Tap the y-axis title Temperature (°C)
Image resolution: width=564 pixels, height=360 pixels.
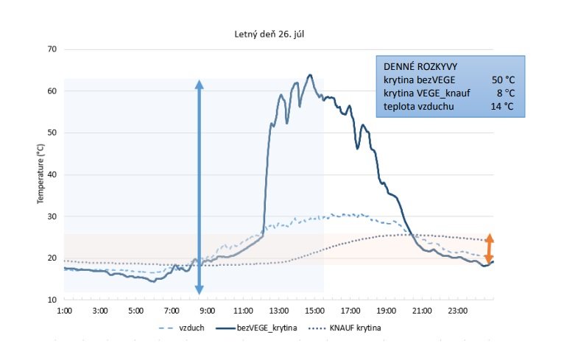pos(42,174)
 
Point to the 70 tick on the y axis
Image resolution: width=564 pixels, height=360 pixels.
pos(52,49)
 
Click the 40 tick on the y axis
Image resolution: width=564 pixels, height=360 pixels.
pos(52,174)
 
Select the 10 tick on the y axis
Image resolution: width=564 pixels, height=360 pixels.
pos(52,300)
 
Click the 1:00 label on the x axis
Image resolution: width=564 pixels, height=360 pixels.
pos(64,311)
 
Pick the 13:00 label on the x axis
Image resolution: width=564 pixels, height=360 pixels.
pos(278,311)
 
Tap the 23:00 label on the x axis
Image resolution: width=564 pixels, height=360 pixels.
pos(457,311)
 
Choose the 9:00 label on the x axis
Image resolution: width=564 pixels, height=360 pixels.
pos(207,311)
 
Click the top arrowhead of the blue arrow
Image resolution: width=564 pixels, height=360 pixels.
pos(199,82)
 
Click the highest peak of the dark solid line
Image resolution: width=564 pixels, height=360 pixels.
pos(310,74)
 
